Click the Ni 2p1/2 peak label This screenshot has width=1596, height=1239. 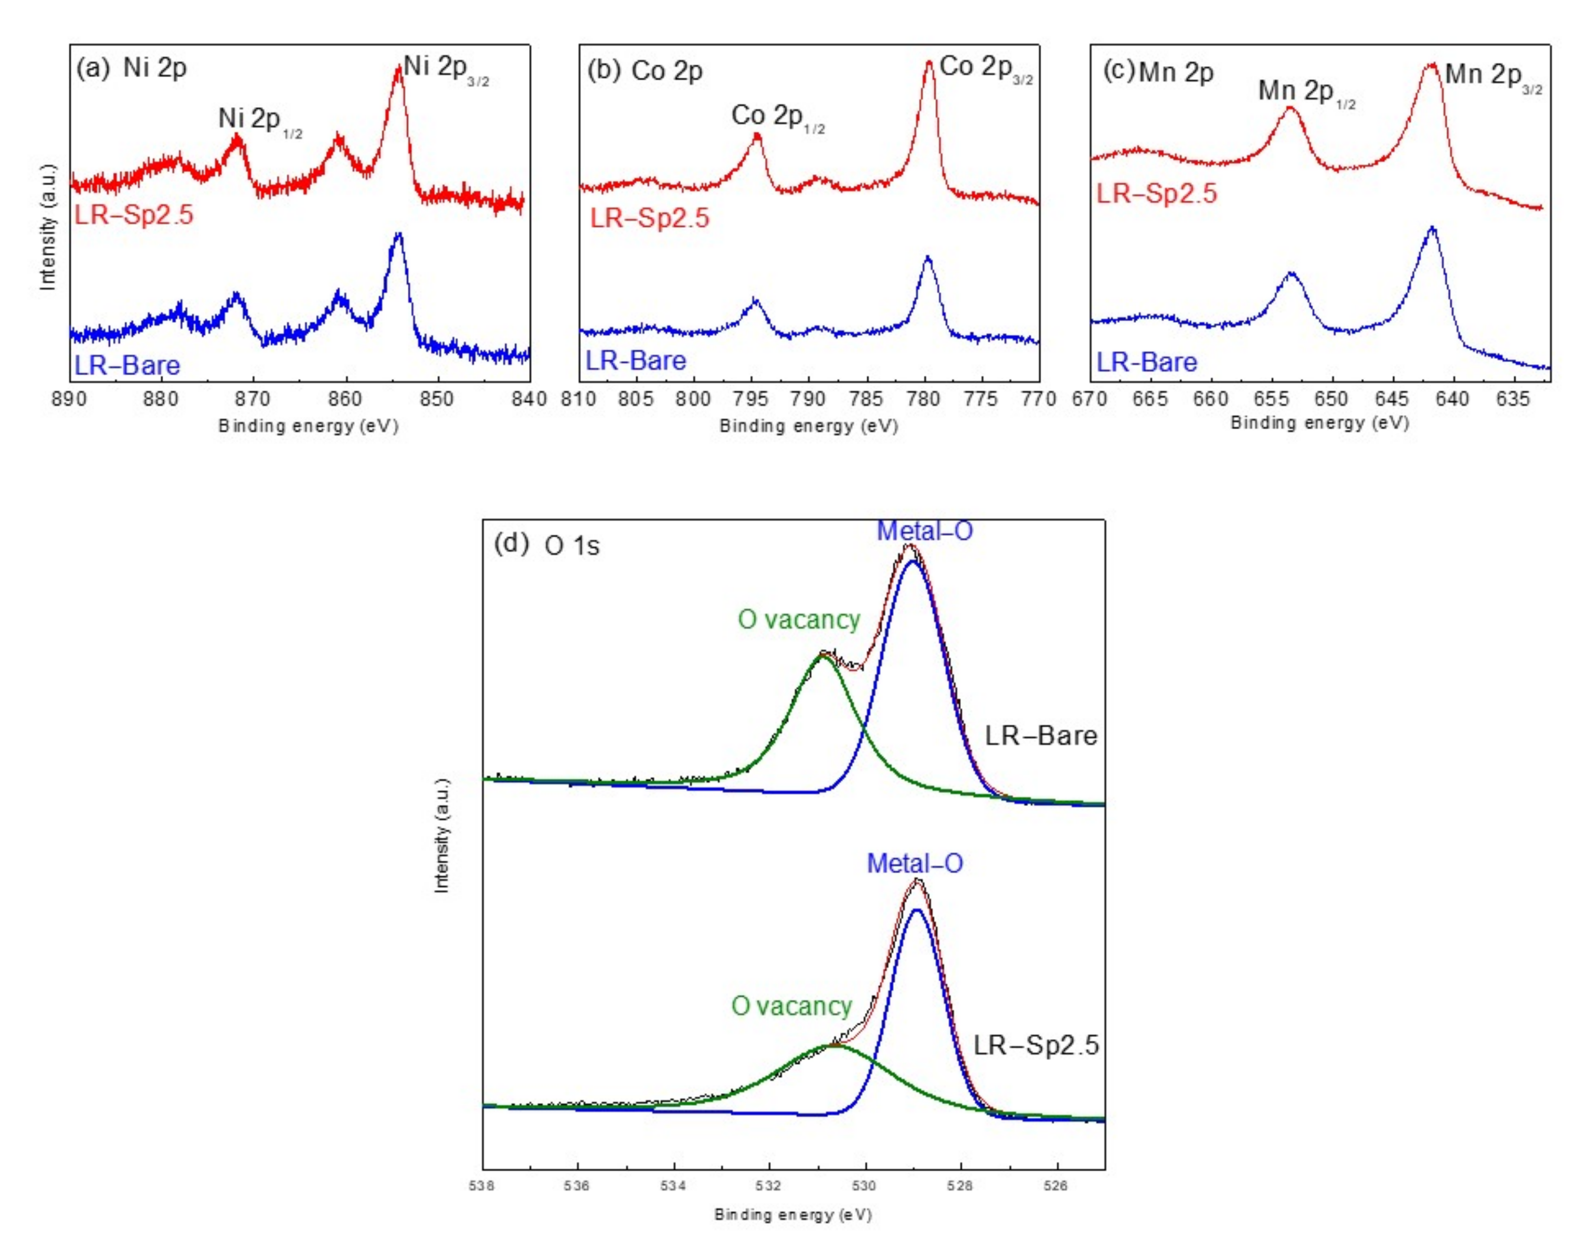(x=259, y=120)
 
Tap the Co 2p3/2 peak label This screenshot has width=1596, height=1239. (x=985, y=69)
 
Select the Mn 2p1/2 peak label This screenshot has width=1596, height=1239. (x=1306, y=93)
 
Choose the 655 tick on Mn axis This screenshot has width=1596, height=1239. (x=1272, y=399)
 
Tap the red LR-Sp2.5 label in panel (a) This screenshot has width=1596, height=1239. (x=134, y=215)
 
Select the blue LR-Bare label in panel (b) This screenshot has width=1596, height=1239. (x=636, y=360)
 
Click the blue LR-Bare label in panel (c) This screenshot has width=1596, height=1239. (x=1147, y=362)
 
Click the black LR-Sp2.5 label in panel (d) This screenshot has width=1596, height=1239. (x=1035, y=1045)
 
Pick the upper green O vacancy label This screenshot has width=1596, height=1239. (x=799, y=619)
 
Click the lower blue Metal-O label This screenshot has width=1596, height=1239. (x=914, y=863)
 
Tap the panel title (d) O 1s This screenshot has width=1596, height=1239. (x=547, y=545)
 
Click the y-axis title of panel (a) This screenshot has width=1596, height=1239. (x=48, y=227)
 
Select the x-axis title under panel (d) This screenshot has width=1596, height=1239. (x=793, y=1214)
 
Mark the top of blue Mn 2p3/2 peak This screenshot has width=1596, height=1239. (x=1432, y=229)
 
